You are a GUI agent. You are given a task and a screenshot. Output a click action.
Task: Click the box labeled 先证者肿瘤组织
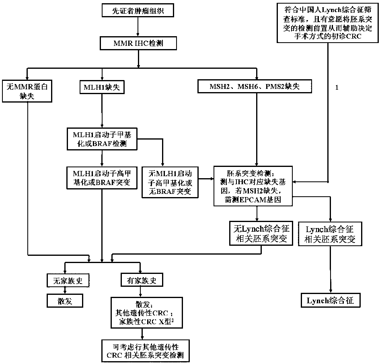138,11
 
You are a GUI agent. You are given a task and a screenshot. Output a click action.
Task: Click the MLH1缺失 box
102,86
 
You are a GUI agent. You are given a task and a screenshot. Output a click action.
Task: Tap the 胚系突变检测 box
255,185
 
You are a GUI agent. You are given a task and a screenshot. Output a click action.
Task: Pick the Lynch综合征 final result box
331,300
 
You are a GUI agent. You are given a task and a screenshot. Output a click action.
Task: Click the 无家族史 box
65,280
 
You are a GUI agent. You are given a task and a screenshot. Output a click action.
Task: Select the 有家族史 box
140,280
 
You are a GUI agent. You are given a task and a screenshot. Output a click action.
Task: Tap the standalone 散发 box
65,300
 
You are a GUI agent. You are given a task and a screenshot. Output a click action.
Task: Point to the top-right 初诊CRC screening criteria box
328,22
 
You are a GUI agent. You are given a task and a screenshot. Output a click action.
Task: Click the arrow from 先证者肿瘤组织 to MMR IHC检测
138,26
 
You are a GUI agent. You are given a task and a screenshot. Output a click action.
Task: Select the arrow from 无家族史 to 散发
65,290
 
